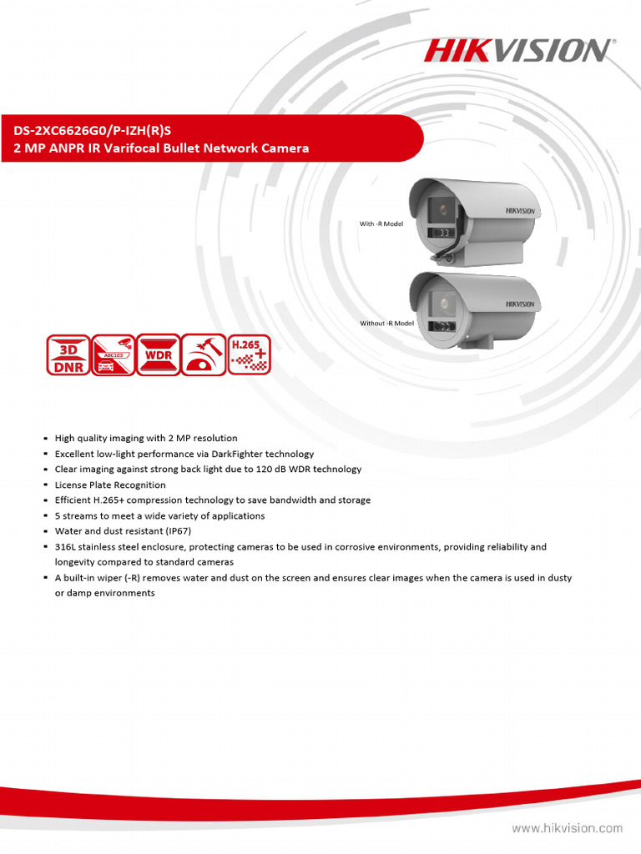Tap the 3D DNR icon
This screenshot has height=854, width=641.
point(68,354)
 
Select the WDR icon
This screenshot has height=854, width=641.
point(158,354)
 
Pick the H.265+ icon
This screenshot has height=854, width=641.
point(249,354)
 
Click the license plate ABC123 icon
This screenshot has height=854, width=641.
point(113,354)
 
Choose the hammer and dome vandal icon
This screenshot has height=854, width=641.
point(203,354)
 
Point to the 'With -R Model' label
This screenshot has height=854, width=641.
point(381,224)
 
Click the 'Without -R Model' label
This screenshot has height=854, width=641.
point(386,323)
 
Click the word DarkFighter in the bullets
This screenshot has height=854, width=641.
point(220,454)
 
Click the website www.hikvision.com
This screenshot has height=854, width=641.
point(567,829)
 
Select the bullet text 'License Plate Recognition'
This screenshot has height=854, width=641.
point(110,485)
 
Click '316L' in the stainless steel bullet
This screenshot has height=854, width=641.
point(66,547)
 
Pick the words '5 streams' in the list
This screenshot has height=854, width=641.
point(76,515)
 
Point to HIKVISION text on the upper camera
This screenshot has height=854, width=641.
point(517,211)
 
